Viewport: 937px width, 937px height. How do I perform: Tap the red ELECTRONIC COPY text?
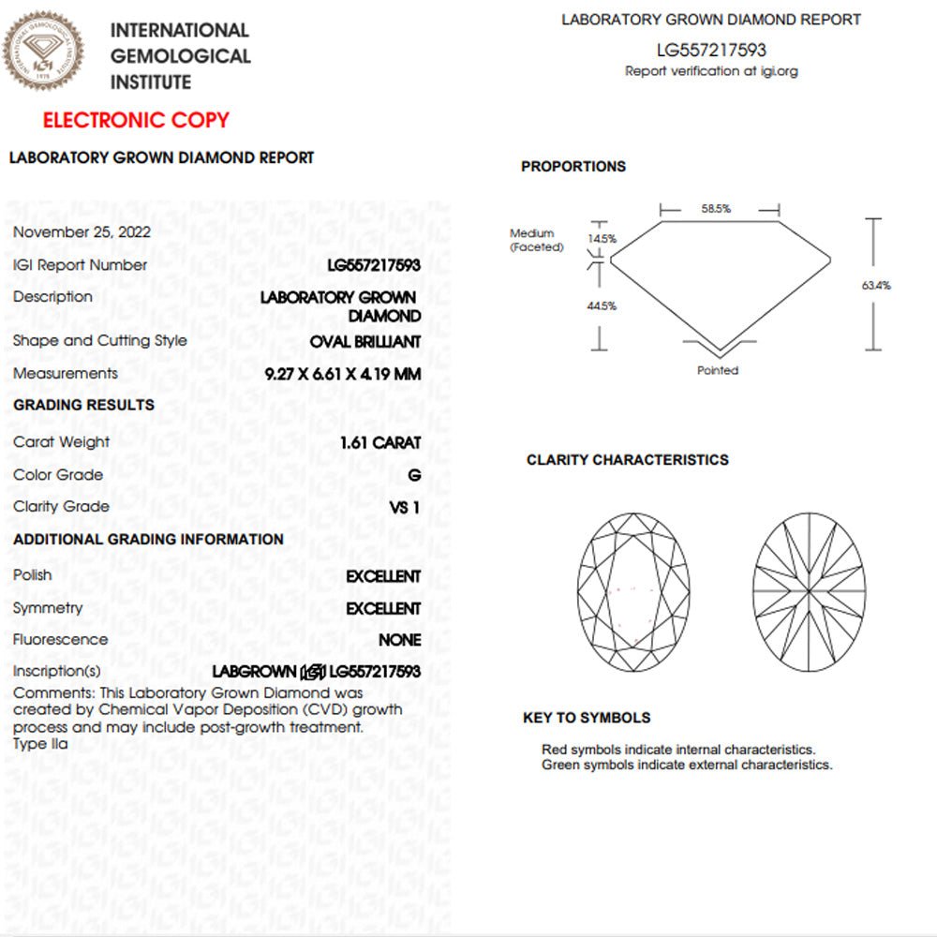[136, 120]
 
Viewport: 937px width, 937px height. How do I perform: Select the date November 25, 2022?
[82, 232]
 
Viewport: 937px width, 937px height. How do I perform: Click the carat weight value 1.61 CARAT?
[380, 442]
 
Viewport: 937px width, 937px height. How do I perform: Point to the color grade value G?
[414, 475]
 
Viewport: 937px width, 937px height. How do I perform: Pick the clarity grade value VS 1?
[405, 507]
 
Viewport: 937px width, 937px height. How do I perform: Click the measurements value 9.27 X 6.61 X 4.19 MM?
[343, 374]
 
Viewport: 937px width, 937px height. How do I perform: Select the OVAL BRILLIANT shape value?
[365, 342]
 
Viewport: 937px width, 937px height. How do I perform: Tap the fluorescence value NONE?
[399, 640]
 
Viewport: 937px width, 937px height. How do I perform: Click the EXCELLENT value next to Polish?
[383, 576]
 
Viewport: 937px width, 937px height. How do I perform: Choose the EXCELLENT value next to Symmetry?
[383, 608]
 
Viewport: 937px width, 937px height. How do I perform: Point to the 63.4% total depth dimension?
[876, 285]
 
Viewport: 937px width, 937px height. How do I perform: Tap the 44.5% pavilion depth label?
[602, 305]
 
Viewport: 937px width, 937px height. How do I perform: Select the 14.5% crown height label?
[602, 239]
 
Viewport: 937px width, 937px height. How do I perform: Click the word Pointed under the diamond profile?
[718, 370]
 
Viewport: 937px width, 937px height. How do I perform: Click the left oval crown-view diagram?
[633, 591]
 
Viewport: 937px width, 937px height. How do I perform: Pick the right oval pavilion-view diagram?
[809, 591]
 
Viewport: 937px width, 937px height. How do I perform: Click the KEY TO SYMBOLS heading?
[587, 718]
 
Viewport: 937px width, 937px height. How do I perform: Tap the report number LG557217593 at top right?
[711, 51]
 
